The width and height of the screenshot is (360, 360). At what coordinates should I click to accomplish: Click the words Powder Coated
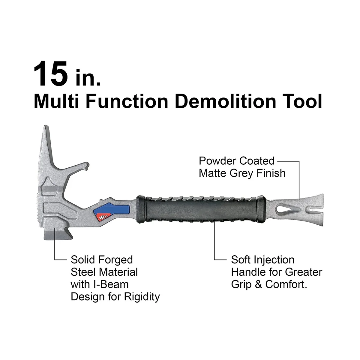point(237,161)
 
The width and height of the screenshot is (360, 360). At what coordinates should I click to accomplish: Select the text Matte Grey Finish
point(242,173)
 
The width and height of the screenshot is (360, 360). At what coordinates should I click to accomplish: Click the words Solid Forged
point(102,259)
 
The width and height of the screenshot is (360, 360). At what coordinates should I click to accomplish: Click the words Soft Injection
point(262,259)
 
